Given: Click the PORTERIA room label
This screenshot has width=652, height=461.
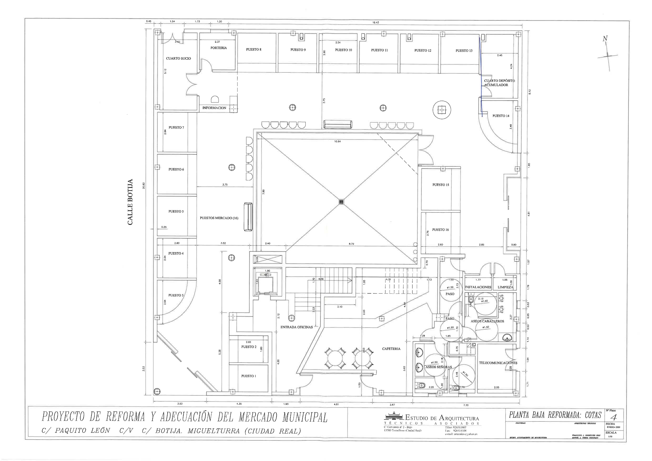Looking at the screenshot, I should click(218, 48).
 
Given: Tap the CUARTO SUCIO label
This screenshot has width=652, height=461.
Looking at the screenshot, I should click(178, 58).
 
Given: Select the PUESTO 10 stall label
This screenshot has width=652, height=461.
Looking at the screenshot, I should click(343, 50).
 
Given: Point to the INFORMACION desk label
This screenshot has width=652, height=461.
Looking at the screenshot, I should click(214, 108).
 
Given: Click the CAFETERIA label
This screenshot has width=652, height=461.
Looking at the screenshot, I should click(391, 349).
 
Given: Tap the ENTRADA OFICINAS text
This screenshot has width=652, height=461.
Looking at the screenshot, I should click(296, 327).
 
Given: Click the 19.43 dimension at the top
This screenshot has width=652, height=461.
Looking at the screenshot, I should click(375, 22).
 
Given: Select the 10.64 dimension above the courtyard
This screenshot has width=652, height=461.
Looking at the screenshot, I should click(337, 141).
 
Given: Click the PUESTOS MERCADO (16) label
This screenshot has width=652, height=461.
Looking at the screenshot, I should click(219, 218).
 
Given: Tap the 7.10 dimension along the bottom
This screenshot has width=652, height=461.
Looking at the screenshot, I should click(466, 405).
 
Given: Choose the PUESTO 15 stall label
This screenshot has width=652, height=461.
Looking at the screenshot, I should click(441, 185).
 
